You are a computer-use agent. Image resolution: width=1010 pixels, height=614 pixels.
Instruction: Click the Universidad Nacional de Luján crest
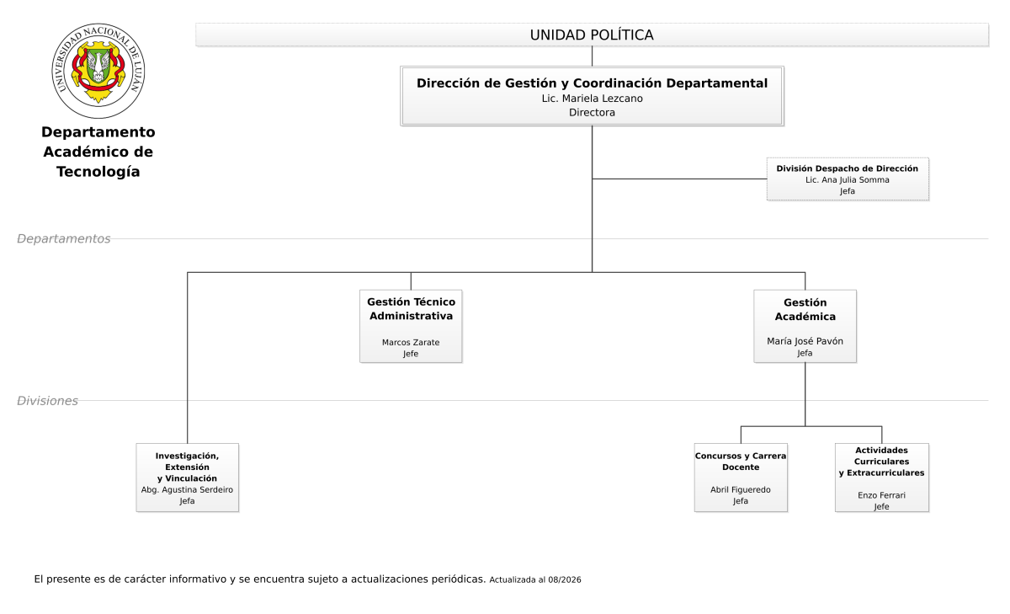(98, 71)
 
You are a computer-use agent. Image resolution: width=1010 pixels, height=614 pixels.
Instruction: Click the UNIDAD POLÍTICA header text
(592, 35)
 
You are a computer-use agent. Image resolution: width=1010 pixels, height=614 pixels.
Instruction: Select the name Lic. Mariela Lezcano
(592, 99)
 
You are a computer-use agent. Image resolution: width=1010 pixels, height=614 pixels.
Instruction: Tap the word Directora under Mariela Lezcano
(592, 112)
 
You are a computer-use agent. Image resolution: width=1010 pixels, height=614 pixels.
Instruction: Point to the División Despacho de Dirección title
(848, 168)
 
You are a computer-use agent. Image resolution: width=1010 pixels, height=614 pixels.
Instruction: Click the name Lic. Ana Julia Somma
(848, 179)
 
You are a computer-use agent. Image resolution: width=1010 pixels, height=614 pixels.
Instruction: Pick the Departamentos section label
(64, 238)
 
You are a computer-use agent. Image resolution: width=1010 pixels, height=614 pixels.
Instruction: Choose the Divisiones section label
(47, 401)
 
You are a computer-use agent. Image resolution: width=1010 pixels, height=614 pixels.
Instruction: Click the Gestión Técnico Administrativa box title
(411, 308)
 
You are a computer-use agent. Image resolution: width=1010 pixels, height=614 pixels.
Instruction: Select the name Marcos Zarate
(411, 343)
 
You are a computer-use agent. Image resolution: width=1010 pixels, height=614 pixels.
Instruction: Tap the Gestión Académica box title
(805, 309)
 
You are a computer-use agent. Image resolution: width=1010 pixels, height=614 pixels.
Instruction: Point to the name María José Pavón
(805, 341)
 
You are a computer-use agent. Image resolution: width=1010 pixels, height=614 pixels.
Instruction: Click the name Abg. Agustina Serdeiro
(187, 489)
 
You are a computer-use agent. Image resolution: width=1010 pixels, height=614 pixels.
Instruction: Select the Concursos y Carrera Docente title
(741, 462)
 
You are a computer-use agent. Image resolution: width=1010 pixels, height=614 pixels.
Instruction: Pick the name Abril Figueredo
(741, 489)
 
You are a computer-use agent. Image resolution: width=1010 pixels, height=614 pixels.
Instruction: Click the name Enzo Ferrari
(881, 495)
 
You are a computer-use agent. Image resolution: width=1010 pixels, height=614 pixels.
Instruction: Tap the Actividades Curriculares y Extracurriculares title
(881, 462)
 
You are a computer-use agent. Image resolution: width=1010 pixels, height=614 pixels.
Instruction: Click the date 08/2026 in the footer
(565, 579)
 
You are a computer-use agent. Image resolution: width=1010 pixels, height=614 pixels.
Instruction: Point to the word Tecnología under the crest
(98, 172)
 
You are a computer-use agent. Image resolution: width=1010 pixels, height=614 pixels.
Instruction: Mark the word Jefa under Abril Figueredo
(741, 501)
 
